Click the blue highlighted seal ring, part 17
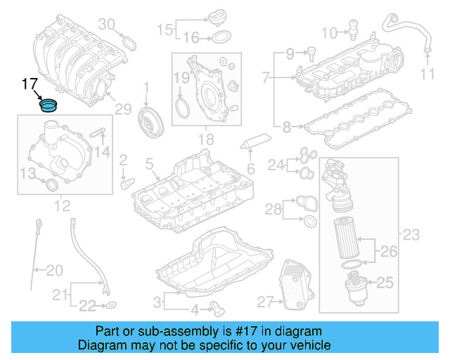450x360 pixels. tap(49, 106)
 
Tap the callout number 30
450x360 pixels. tap(106, 25)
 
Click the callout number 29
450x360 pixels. tap(123, 108)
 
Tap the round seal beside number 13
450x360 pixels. tap(51, 185)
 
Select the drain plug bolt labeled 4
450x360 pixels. tap(217, 307)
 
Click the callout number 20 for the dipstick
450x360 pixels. tap(55, 269)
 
